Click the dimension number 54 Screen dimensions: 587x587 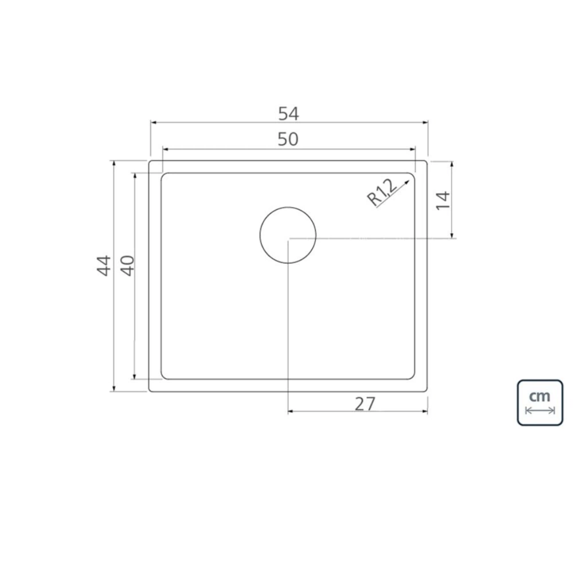[x=289, y=114]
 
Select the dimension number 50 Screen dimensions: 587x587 [x=288, y=139]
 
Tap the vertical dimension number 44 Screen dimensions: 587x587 [x=104, y=265]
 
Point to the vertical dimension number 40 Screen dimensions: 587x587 [x=128, y=265]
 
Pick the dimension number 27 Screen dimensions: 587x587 [x=365, y=404]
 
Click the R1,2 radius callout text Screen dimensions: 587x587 [x=382, y=193]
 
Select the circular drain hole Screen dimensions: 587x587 [x=288, y=235]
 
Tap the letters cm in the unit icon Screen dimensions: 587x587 [x=540, y=396]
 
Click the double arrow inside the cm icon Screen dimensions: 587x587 [x=540, y=410]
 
